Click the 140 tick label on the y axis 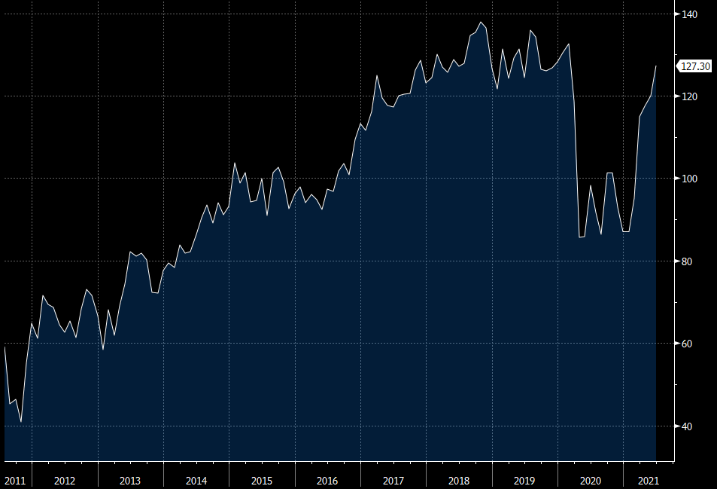click(688, 14)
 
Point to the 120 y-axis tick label click(688, 97)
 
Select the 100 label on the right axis click(688, 179)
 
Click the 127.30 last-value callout click(695, 66)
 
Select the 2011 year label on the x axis click(15, 480)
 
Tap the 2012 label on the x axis click(65, 480)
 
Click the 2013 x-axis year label click(130, 480)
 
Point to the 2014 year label click(196, 480)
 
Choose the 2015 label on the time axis click(262, 480)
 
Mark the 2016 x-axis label click(327, 480)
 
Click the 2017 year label click(393, 480)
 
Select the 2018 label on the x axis click(459, 480)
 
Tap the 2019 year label click(524, 480)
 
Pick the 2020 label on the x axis click(591, 480)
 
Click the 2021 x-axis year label click(648, 480)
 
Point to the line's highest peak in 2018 click(481, 22)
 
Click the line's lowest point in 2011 click(21, 422)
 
